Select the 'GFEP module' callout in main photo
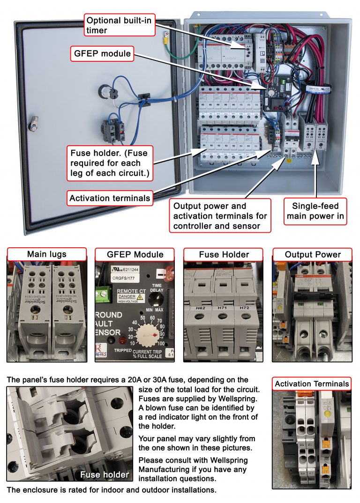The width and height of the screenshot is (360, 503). [102, 53]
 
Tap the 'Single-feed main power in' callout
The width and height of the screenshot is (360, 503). [315, 211]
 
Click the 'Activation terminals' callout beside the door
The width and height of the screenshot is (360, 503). [110, 198]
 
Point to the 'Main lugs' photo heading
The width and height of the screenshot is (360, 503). [46, 254]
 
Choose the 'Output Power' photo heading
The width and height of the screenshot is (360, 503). [312, 254]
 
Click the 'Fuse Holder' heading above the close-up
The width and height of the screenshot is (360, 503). [224, 254]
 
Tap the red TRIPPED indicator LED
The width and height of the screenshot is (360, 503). [123, 341]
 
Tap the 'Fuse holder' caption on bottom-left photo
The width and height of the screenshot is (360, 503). [104, 474]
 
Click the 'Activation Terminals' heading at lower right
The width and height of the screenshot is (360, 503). [312, 384]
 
